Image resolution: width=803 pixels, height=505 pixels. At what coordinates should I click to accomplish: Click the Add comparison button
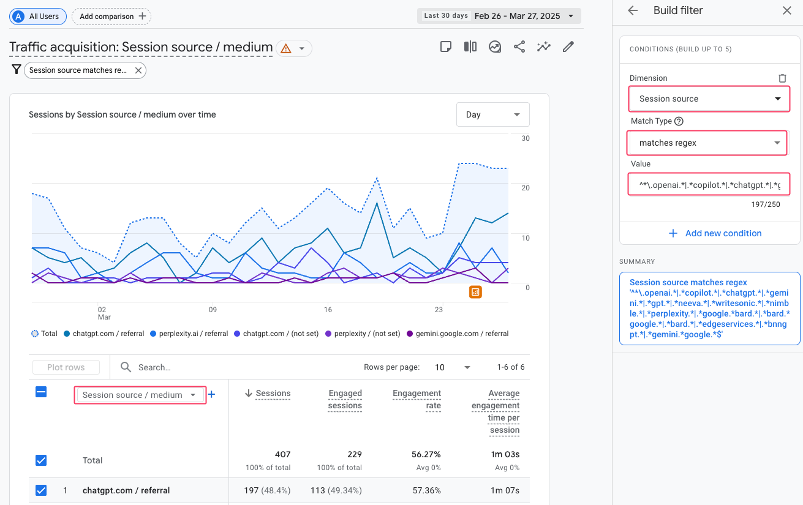click(x=111, y=17)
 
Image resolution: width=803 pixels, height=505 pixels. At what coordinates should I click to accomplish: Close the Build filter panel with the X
click(x=786, y=10)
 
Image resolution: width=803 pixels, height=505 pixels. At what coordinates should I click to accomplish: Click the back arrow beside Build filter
click(x=633, y=10)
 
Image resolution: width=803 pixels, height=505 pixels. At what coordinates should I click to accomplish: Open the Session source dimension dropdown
click(x=709, y=99)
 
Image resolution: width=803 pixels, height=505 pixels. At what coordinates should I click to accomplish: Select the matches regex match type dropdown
click(x=708, y=143)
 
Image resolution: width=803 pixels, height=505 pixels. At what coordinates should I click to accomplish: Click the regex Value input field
click(x=709, y=184)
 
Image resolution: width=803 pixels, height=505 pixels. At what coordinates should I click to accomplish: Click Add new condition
click(x=715, y=233)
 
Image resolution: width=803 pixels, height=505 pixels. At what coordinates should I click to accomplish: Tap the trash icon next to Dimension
click(x=782, y=78)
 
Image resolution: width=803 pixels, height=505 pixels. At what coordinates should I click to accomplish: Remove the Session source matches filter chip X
click(x=138, y=70)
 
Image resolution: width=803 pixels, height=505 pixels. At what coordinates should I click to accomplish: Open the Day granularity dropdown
click(x=492, y=114)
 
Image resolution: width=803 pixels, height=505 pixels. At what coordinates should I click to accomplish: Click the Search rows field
click(x=184, y=367)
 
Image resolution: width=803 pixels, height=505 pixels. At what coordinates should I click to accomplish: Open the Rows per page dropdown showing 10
click(x=453, y=367)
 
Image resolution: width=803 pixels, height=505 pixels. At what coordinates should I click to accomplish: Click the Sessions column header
click(x=273, y=394)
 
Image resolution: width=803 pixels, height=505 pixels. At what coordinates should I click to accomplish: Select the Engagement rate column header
click(x=417, y=399)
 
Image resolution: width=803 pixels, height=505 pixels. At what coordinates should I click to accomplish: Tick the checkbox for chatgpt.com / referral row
click(x=41, y=490)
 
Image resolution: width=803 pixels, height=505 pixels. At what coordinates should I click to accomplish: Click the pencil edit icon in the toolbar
click(x=568, y=47)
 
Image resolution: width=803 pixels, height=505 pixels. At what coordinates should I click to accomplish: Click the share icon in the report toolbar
click(x=519, y=47)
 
